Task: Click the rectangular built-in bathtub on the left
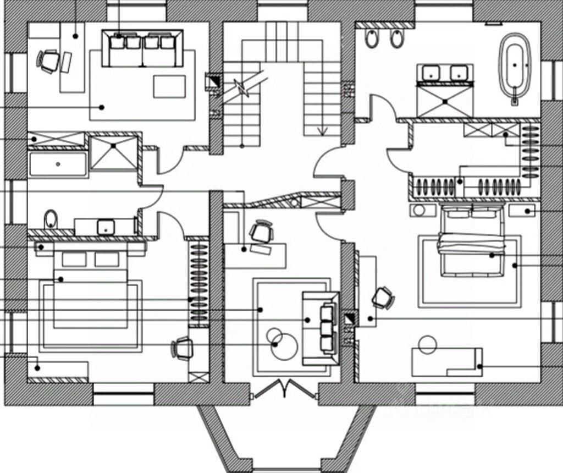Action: [58, 164]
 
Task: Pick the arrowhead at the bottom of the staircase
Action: [323, 131]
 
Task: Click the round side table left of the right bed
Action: [422, 211]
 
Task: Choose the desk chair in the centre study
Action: [262, 232]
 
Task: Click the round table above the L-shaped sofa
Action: [427, 345]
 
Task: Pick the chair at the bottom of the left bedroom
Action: [183, 348]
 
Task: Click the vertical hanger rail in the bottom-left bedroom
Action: [199, 283]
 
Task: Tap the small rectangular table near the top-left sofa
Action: [169, 86]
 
